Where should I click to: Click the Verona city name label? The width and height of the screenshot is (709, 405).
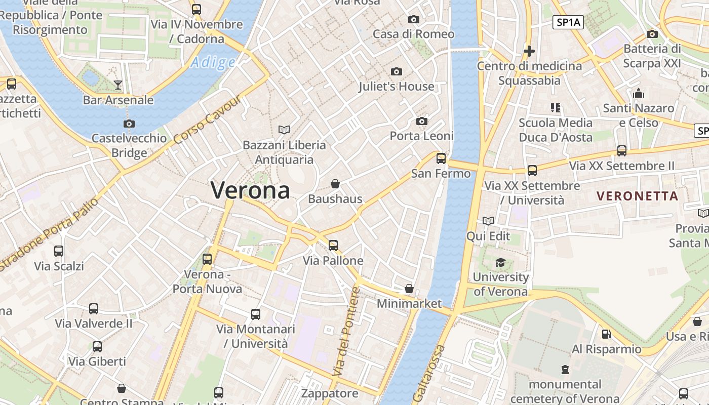250,190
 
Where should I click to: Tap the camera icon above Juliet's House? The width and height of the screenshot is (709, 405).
397,72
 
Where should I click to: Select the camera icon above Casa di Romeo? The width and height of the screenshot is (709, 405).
414,20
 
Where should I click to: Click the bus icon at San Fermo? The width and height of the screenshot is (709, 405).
441,158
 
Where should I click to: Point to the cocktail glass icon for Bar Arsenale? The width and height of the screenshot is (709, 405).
118,85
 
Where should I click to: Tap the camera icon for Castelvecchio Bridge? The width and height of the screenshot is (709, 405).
129,124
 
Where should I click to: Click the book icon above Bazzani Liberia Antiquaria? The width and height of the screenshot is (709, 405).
284,130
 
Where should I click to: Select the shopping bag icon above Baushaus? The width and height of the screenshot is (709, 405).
335,184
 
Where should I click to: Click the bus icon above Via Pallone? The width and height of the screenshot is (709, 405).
333,246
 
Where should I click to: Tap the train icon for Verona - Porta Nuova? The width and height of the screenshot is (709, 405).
207,259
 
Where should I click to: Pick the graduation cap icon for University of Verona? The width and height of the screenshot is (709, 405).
500,262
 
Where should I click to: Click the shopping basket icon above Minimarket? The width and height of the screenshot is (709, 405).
409,289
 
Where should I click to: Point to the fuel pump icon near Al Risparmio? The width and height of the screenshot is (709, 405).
606,334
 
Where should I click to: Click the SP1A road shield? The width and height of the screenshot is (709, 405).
568,22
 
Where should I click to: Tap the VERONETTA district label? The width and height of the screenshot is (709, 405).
637,196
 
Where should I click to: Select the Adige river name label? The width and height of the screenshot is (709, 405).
213,63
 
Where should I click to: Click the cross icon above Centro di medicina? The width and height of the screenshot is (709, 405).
529,51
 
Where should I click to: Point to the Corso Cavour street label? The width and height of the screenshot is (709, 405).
207,119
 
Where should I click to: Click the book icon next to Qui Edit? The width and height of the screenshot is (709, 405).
488,221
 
